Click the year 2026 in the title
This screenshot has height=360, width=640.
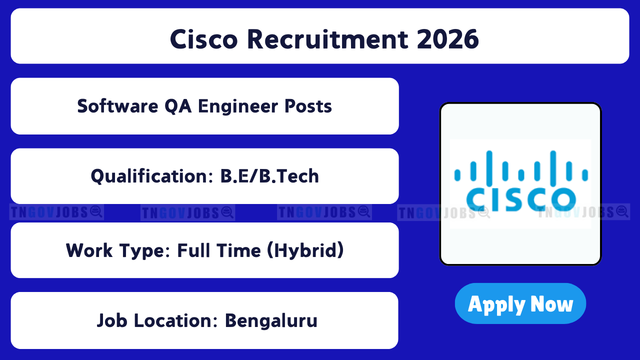click(447, 39)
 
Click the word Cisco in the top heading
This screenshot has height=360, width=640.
click(203, 39)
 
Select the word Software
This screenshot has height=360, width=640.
click(117, 106)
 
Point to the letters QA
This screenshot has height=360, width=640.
click(178, 106)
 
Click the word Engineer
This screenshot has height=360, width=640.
click(238, 106)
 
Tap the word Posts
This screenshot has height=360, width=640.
click(308, 106)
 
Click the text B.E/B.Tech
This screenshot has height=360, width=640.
click(269, 176)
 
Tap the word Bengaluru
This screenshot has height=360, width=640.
click(271, 321)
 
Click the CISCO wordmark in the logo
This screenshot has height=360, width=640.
click(521, 199)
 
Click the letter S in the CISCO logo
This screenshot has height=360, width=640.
click(515, 199)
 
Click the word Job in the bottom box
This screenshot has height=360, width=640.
click(112, 320)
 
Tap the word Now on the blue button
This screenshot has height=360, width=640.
click(551, 304)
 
